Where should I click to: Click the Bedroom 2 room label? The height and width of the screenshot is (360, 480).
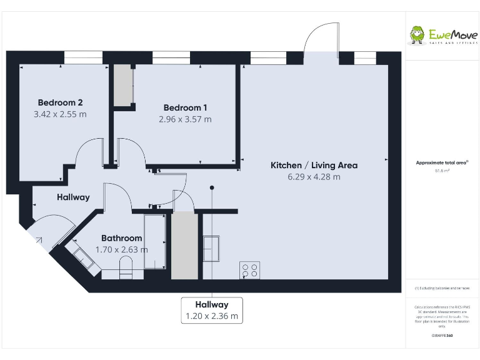[61, 102]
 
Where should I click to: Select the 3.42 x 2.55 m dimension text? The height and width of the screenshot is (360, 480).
[61, 114]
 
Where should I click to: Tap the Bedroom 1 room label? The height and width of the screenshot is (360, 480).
[186, 107]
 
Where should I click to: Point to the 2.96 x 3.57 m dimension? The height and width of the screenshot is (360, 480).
[186, 119]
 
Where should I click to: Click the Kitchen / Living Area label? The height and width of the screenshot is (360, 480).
[314, 165]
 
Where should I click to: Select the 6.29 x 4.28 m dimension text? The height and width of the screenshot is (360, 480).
[314, 177]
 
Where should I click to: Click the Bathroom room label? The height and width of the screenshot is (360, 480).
[122, 238]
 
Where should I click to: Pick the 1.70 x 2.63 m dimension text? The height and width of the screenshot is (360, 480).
[122, 249]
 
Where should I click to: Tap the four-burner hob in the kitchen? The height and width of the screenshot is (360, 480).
[249, 271]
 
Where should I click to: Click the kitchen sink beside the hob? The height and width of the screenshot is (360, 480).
[211, 248]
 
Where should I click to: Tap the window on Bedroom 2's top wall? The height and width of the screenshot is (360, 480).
[83, 57]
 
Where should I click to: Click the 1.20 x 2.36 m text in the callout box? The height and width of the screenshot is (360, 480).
[211, 316]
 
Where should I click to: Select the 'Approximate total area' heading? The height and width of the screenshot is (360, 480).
[442, 162]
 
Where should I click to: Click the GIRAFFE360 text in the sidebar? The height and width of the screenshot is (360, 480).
[442, 336]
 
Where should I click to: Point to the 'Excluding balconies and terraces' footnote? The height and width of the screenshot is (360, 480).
[442, 288]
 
